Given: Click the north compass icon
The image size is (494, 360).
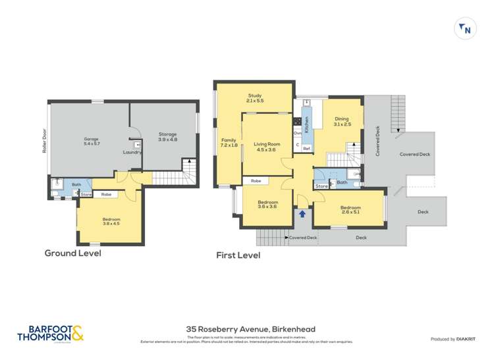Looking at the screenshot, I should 466,29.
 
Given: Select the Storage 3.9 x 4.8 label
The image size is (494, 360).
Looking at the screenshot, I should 167,137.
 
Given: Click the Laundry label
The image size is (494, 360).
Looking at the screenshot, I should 132,153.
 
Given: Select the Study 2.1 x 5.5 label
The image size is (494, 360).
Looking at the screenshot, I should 254,97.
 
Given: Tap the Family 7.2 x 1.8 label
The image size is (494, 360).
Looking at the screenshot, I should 229,143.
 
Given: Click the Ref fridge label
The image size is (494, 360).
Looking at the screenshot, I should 306,149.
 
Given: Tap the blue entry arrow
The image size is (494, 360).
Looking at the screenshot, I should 303,213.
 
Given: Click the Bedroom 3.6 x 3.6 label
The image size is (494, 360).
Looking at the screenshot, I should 267,205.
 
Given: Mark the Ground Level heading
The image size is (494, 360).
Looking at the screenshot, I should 72,253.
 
